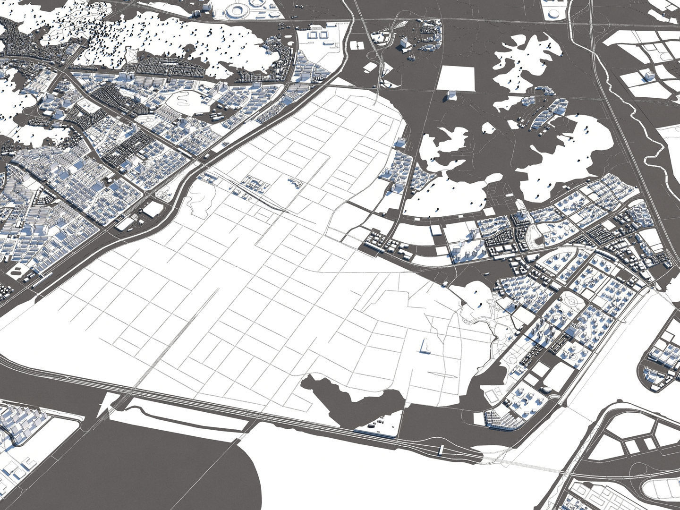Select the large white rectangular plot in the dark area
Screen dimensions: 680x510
tap(455, 78)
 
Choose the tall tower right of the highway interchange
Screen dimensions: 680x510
tap(404, 43)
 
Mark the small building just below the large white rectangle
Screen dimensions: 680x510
tap(451, 96)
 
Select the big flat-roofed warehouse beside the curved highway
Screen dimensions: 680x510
tap(152, 209)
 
